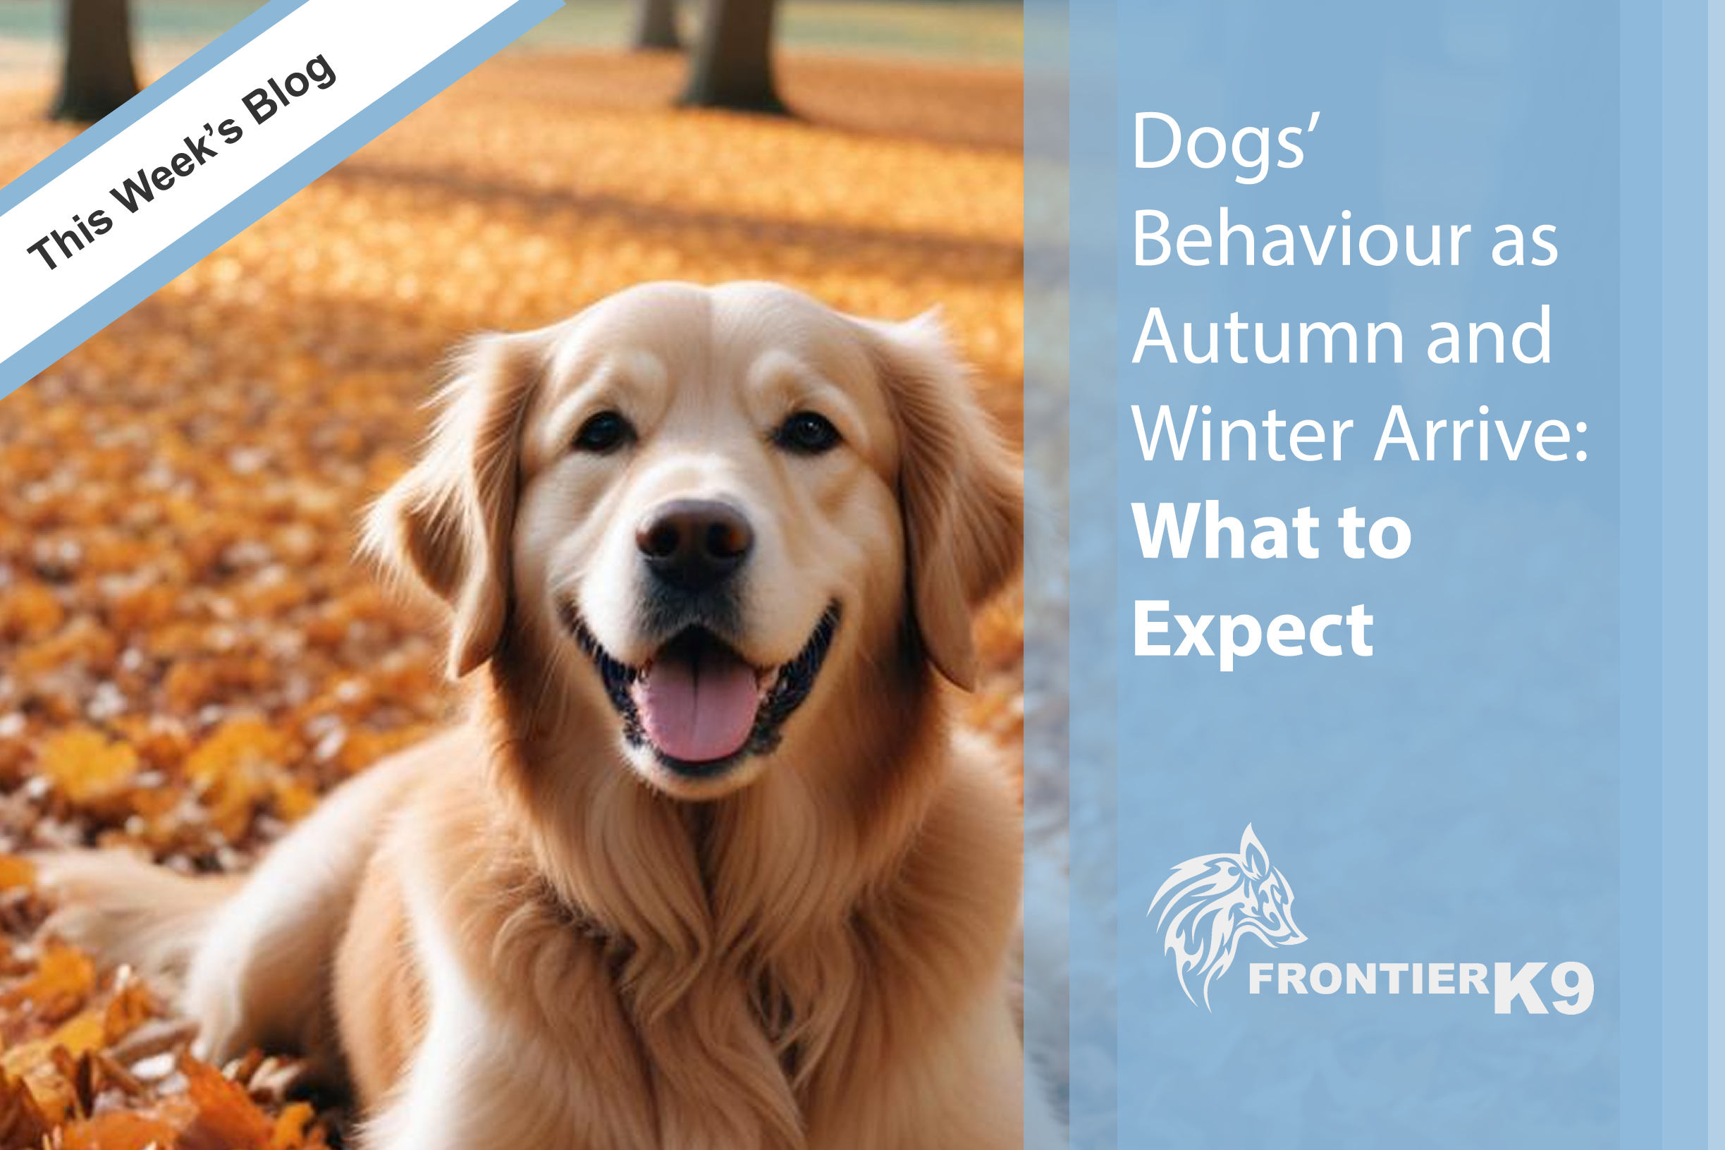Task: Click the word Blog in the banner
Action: tap(290, 88)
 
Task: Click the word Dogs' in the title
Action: tap(1226, 144)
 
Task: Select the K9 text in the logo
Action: tap(1542, 987)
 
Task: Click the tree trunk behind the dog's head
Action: tap(733, 56)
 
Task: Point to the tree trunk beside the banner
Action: tap(95, 59)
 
